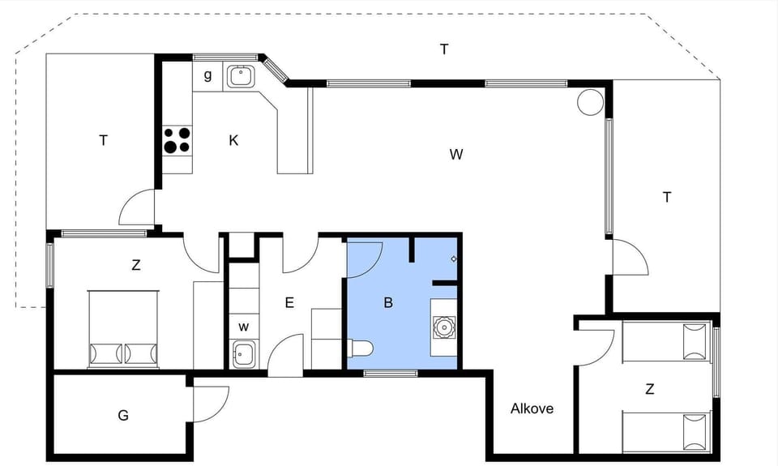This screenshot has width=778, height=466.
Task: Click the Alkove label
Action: click(532, 408)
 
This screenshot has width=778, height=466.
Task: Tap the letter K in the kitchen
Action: click(233, 140)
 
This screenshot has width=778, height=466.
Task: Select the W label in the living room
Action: click(456, 154)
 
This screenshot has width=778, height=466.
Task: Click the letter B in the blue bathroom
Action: click(388, 303)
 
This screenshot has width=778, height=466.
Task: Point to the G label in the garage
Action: click(123, 416)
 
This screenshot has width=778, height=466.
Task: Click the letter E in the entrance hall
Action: click(289, 303)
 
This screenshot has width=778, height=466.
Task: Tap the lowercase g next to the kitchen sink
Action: click(207, 75)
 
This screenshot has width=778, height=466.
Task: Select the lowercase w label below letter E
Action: click(243, 327)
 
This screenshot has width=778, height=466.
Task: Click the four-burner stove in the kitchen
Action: click(178, 140)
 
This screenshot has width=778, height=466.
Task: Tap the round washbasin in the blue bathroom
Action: click(443, 327)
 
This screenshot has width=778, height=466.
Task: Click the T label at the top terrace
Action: click(444, 49)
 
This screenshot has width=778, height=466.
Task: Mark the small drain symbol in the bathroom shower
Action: click(454, 259)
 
